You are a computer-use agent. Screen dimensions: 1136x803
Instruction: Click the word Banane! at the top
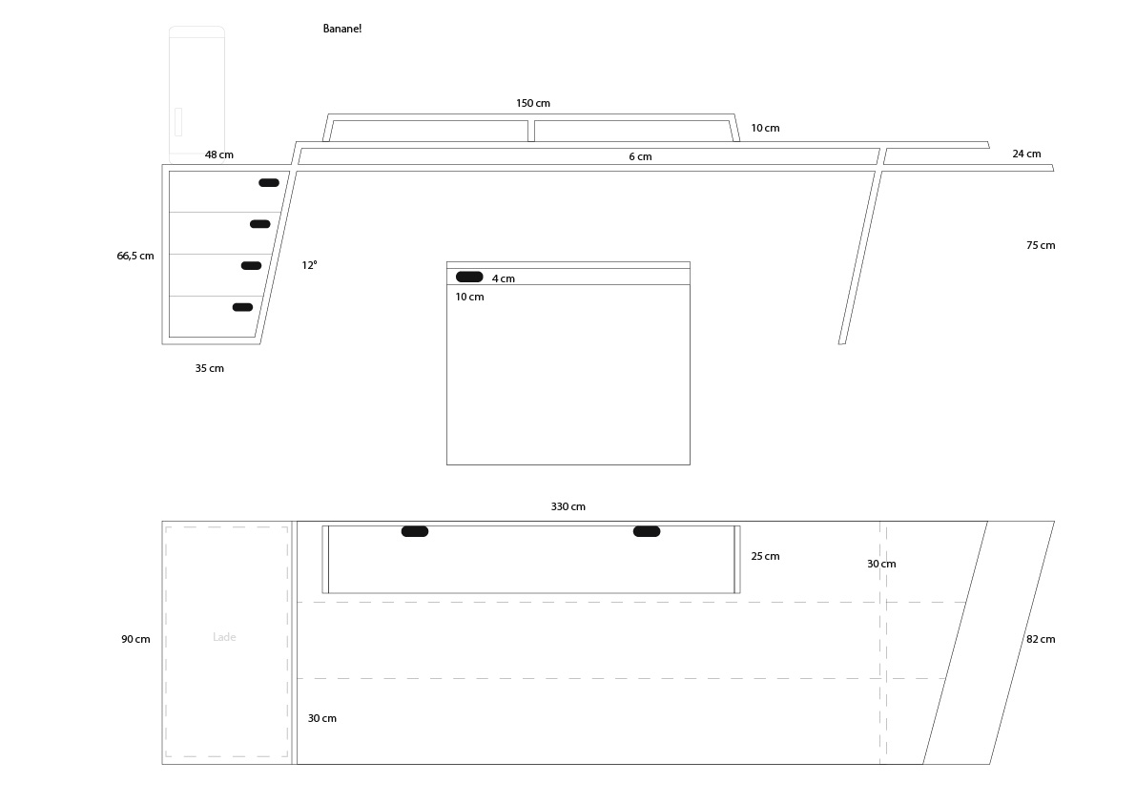[342, 29]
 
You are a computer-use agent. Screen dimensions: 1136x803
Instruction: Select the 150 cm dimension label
[533, 104]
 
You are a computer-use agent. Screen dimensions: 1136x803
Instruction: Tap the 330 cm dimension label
[568, 506]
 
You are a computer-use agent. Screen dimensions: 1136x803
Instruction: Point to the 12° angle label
[309, 265]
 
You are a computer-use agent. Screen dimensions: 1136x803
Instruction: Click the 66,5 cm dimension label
[135, 256]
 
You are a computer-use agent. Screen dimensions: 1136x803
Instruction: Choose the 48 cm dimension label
[218, 154]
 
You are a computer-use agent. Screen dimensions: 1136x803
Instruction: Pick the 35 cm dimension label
[210, 368]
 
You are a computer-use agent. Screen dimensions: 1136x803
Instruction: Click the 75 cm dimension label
[1041, 245]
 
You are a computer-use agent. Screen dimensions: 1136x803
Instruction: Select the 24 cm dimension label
[1026, 154]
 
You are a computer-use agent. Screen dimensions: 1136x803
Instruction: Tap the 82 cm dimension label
[1041, 639]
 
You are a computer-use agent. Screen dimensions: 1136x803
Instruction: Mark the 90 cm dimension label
[135, 639]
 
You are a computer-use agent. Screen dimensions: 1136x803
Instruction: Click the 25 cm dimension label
[765, 556]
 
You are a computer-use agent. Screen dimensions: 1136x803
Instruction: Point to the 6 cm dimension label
[640, 156]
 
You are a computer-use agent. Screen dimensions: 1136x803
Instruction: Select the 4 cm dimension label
[504, 278]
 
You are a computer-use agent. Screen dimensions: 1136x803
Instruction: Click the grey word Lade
[224, 637]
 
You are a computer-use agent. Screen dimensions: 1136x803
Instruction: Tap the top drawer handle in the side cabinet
[269, 182]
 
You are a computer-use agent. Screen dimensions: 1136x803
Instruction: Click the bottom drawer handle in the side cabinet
[242, 307]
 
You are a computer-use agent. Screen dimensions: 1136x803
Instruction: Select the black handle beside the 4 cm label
[469, 277]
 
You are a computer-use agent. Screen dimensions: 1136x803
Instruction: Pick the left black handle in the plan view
[415, 531]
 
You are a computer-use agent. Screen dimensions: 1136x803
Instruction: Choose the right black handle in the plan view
[647, 531]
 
